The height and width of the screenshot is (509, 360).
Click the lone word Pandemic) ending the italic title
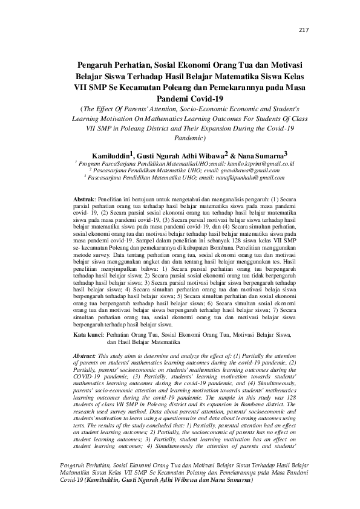tap(180, 138)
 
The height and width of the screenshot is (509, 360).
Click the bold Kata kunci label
tap(88, 334)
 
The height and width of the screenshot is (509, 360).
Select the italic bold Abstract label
tap(84, 357)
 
